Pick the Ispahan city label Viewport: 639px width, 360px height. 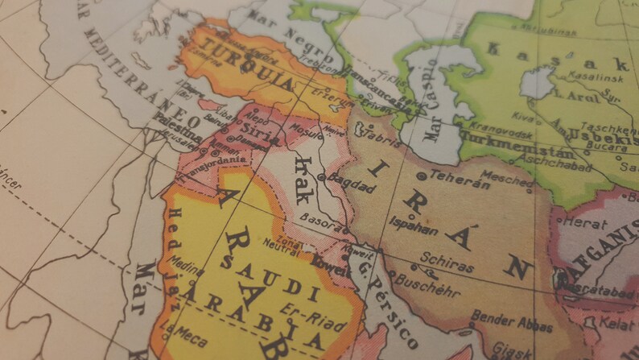pyautogui.click(x=413, y=224)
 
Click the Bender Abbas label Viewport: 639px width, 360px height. pyautogui.click(x=513, y=322)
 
